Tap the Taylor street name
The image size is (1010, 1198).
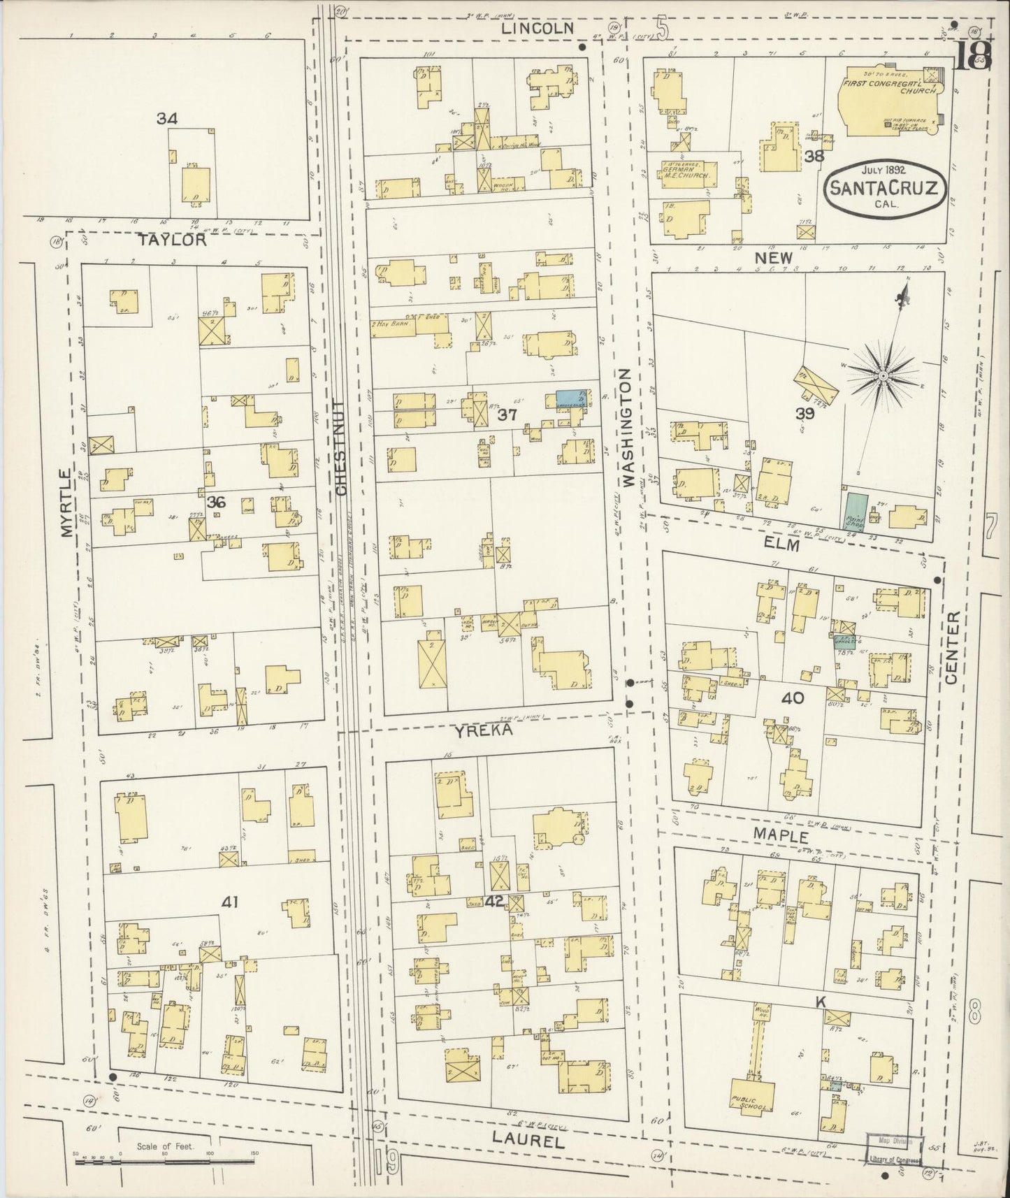click(172, 240)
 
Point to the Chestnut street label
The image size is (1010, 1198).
click(340, 447)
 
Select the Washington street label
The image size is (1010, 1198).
click(627, 428)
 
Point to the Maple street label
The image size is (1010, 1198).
click(781, 835)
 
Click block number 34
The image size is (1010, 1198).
click(166, 120)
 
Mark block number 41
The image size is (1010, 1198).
click(230, 902)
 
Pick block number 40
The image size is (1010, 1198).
click(793, 698)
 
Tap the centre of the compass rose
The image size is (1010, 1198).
click(883, 376)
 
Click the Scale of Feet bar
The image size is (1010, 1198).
click(98, 1161)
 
